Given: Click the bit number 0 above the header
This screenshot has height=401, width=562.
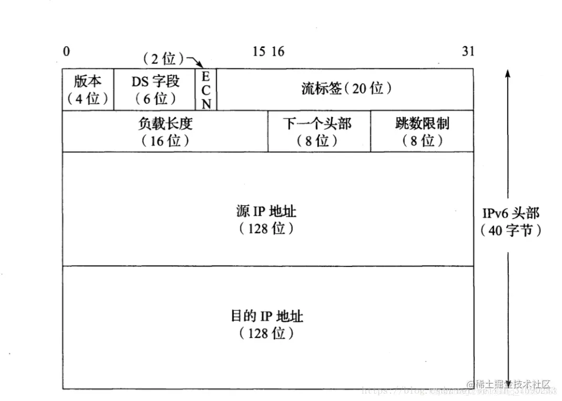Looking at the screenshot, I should coord(66,51).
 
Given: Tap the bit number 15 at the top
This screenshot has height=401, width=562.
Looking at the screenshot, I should coord(259,51).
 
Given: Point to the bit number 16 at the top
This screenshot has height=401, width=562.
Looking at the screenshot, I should coord(278,51).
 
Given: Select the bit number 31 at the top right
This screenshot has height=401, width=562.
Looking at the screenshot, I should coord(468,51).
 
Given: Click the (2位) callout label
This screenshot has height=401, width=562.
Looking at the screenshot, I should coord(164,58).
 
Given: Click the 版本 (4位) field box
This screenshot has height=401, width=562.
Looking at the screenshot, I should coord(88,89).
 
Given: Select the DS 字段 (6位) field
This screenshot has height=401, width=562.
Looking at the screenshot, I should coord(155,89).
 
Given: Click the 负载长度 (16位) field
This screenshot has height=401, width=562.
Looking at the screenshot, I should coord(165,132).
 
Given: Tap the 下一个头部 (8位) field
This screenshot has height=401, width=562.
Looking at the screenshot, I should coord(319,132).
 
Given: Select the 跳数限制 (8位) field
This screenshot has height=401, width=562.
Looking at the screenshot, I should coord(422,132).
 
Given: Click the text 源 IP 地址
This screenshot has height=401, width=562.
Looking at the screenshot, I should coord(267,212).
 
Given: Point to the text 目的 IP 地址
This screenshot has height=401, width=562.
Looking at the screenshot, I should coord(267,316).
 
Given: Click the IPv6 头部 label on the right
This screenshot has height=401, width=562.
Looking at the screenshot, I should coord(510,213).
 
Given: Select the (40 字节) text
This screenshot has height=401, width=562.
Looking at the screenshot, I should coord(510,230).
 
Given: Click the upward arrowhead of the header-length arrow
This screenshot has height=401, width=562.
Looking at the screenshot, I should coord(508,74).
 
